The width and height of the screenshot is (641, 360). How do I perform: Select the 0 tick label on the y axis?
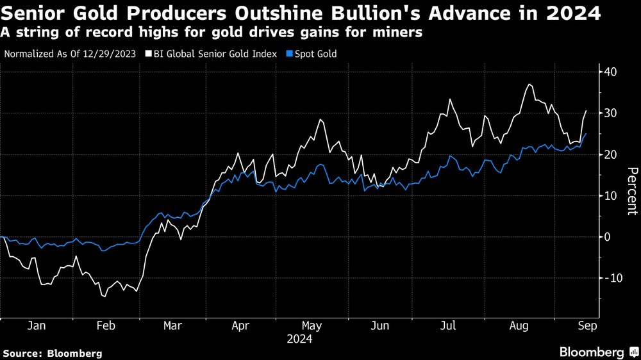tap(604, 237)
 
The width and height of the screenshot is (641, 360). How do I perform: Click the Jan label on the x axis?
tap(36, 325)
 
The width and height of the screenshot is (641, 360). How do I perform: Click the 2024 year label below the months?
tap(300, 340)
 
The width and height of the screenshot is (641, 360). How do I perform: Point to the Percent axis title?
tap(632, 190)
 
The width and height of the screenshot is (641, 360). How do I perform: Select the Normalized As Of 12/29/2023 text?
tap(70, 54)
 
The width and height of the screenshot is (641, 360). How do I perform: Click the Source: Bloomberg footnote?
tap(52, 353)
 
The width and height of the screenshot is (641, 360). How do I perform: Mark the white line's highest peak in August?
tap(529, 85)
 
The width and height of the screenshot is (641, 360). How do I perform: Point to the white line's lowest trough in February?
tap(103, 297)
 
